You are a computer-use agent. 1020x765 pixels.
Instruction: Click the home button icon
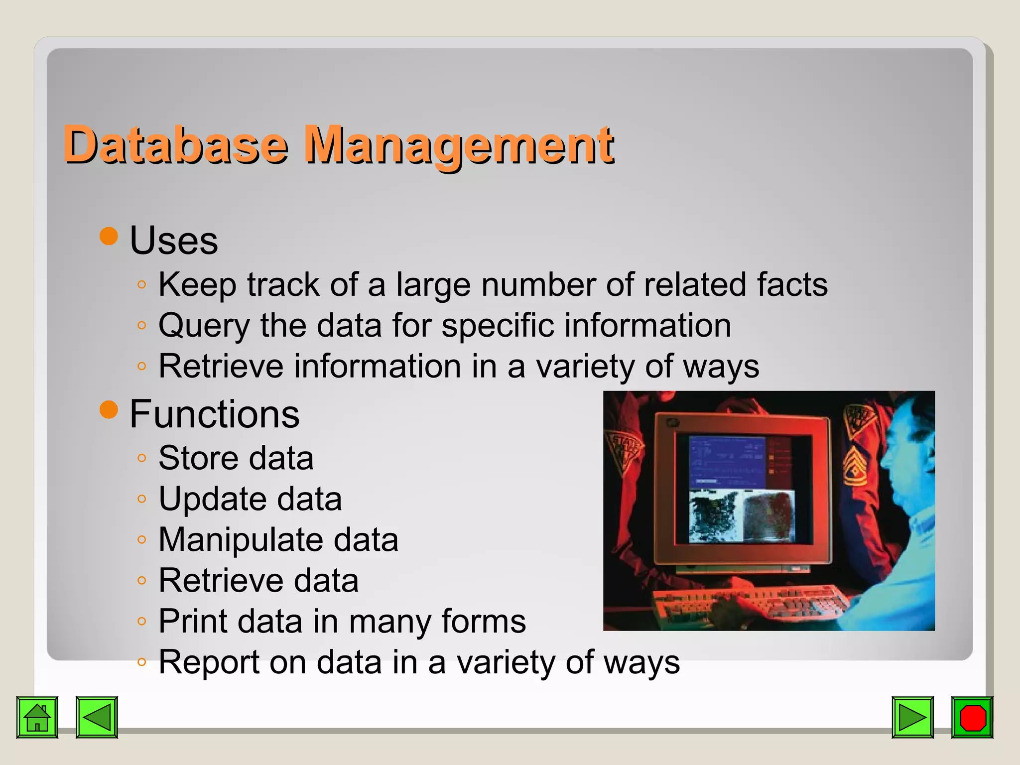click(x=37, y=717)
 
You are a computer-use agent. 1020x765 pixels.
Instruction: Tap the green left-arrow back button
click(x=97, y=717)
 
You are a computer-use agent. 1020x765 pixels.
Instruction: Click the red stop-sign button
click(x=972, y=717)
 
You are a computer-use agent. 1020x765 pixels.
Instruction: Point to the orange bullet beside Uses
click(x=109, y=236)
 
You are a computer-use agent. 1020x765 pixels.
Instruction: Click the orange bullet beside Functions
click(x=109, y=409)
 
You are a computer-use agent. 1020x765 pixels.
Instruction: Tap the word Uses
click(x=173, y=241)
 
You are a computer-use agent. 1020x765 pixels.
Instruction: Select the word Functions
click(x=214, y=414)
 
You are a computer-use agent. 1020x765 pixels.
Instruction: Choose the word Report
click(x=209, y=662)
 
